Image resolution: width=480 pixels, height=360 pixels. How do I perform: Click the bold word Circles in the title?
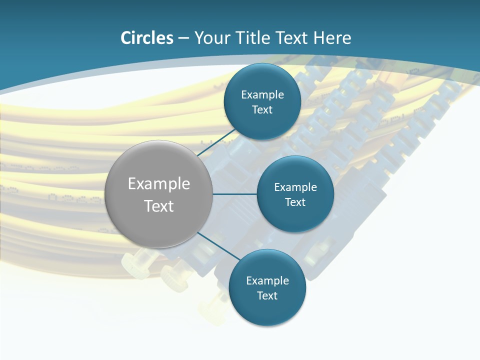[146, 38]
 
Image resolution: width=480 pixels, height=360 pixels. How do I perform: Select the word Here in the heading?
[332, 38]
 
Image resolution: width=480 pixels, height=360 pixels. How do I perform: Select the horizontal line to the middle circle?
[235, 194]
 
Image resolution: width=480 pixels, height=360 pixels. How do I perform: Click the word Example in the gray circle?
[159, 184]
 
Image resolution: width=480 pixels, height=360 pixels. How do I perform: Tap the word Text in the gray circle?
[159, 206]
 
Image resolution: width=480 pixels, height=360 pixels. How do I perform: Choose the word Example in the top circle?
[262, 95]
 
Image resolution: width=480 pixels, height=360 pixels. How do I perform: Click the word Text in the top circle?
[262, 110]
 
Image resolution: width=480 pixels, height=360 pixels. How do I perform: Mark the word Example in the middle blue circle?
[295, 187]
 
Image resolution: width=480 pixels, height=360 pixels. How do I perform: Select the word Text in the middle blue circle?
[295, 202]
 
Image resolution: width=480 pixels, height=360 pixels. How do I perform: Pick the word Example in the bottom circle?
[267, 281]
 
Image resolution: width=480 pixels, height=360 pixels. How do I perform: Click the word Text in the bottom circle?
[267, 296]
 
